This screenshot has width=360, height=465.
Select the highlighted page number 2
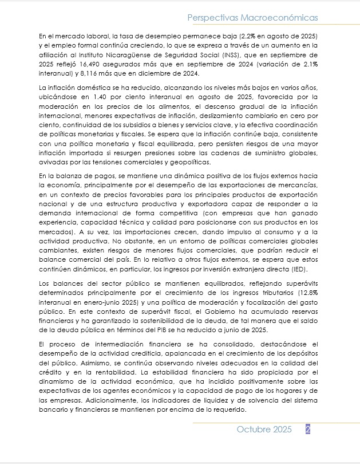coord(308,430)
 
